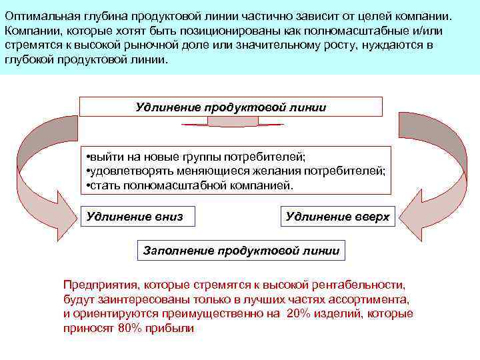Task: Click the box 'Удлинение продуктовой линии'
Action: click(231, 107)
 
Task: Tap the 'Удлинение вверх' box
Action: click(337, 217)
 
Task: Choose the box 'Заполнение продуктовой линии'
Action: click(241, 251)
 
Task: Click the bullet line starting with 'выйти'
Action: click(196, 157)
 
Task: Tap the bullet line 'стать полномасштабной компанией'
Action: click(190, 185)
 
